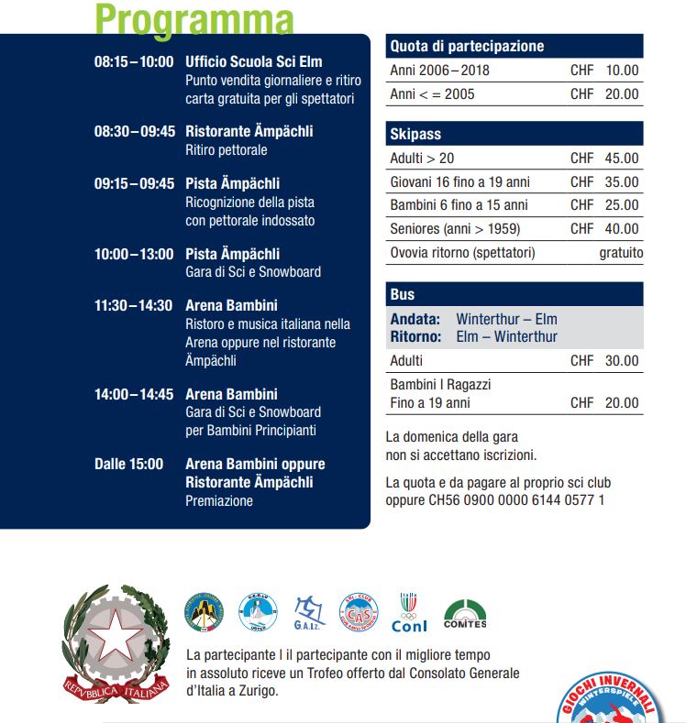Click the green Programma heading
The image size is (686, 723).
(194, 18)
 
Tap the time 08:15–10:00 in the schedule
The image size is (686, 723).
(133, 62)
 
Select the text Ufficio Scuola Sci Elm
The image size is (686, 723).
(254, 62)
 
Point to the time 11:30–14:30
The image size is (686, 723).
(133, 306)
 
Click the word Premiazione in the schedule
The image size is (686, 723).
(219, 501)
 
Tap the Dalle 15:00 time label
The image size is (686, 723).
(128, 465)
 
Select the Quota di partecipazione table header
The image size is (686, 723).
(467, 46)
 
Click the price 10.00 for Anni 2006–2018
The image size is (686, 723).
(622, 71)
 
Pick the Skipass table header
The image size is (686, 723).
(415, 135)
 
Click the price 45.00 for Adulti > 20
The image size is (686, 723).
(622, 159)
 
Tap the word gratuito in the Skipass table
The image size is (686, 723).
(621, 253)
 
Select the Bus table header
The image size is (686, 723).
(403, 295)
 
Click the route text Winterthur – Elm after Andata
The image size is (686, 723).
(506, 320)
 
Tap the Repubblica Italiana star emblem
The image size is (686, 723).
(116, 634)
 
